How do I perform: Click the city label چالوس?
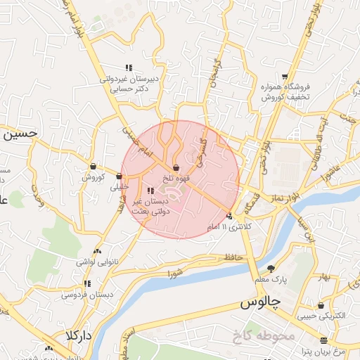click(x=260, y=303)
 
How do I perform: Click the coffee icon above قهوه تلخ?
click(x=175, y=167)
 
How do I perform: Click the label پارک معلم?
click(x=271, y=280)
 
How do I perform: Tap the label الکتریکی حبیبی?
click(x=321, y=317)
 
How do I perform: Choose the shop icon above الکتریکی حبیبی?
click(x=321, y=306)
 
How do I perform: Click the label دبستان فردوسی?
click(x=87, y=295)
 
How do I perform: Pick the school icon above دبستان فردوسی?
click(x=87, y=283)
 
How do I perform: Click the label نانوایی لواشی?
click(x=96, y=262)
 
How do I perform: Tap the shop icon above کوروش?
click(x=93, y=167)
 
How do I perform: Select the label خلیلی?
click(x=120, y=187)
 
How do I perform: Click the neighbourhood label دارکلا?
click(x=79, y=335)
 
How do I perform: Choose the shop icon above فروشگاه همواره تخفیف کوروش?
click(x=285, y=77)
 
